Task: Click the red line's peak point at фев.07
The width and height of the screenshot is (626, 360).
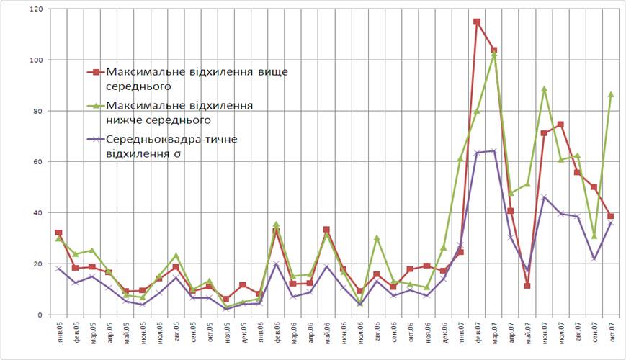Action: point(477,22)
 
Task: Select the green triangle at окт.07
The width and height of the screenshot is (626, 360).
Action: point(610,94)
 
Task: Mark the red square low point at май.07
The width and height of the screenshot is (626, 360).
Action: point(527,286)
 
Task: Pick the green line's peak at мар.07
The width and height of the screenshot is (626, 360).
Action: point(493,55)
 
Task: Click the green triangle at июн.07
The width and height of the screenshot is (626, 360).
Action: point(544,89)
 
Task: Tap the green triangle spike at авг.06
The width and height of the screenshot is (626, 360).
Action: point(377,238)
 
